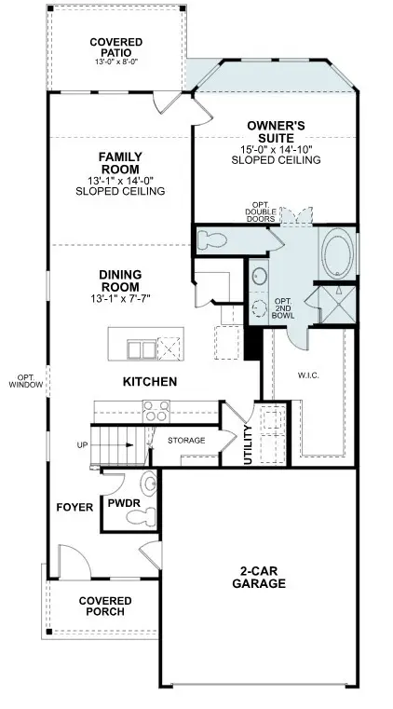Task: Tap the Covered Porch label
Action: pyautogui.click(x=104, y=607)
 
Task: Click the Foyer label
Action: pyautogui.click(x=75, y=508)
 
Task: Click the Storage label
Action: pyautogui.click(x=186, y=440)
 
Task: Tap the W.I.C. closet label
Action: pyautogui.click(x=308, y=377)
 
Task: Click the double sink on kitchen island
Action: pyautogui.click(x=142, y=349)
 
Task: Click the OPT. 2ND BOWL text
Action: pyautogui.click(x=282, y=307)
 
